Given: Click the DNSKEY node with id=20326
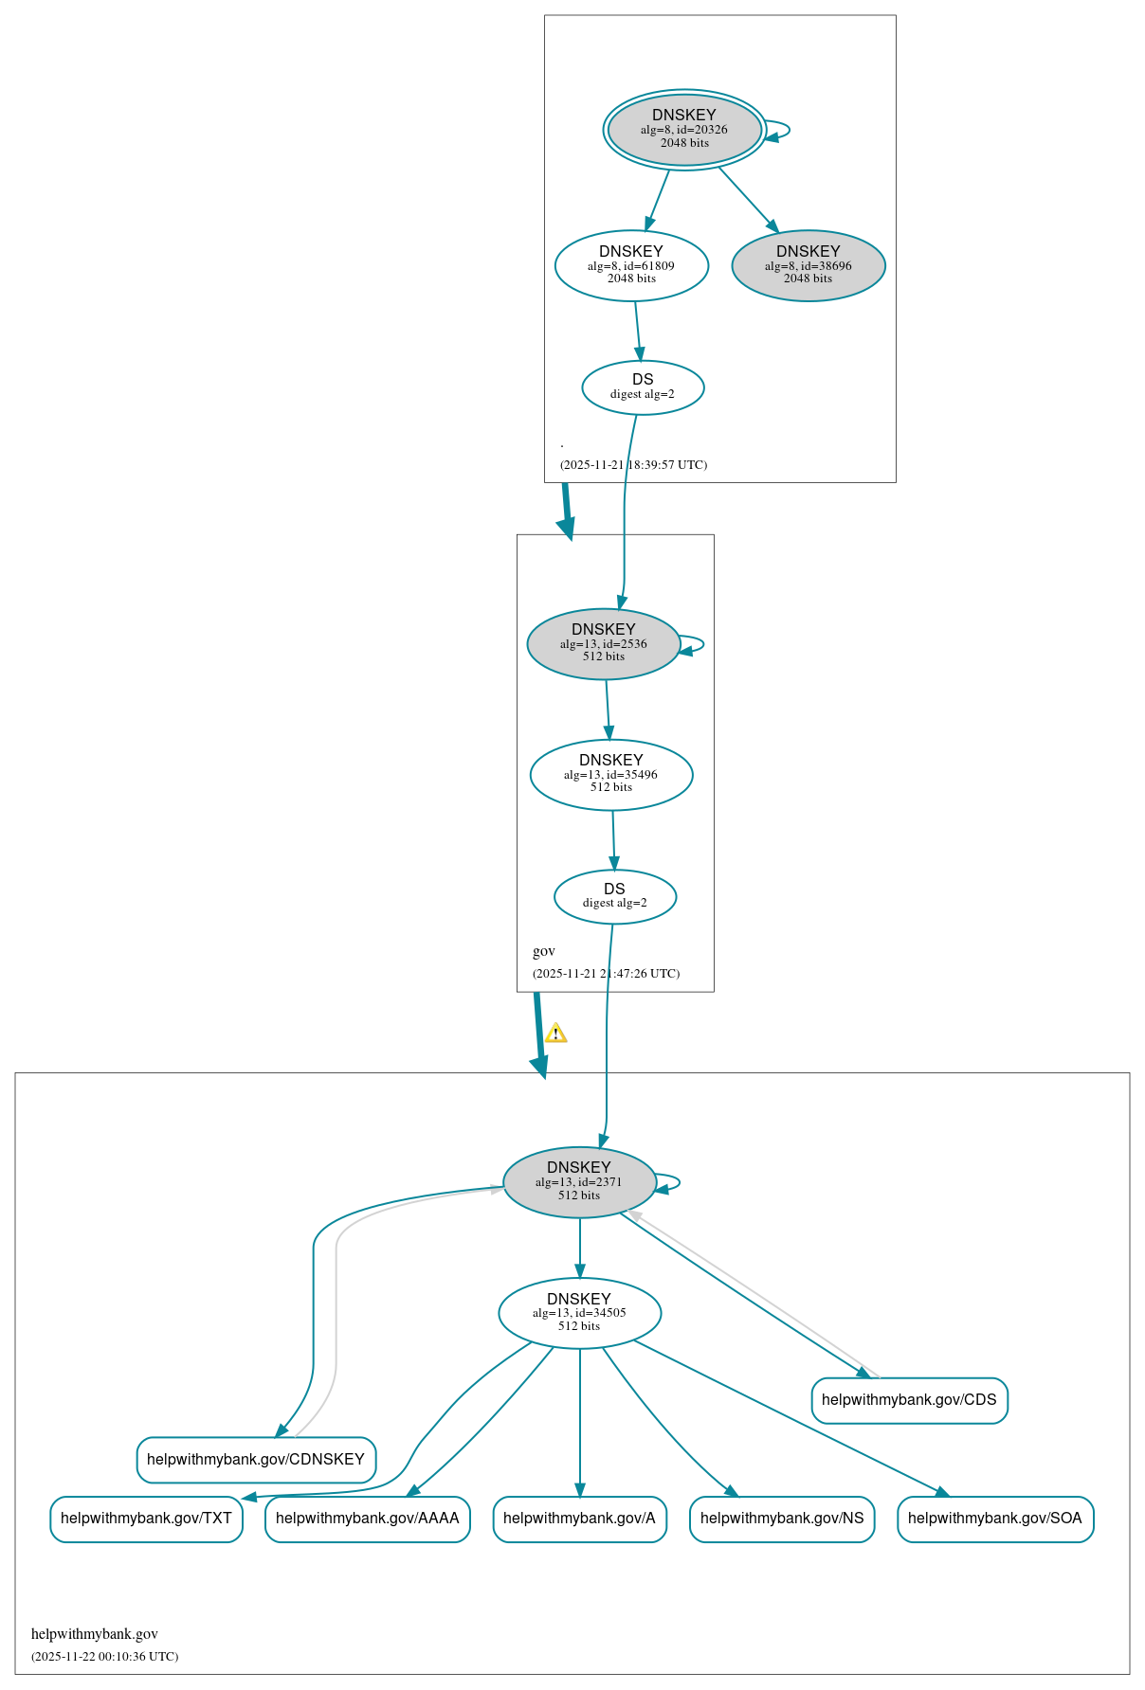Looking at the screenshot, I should pos(683,130).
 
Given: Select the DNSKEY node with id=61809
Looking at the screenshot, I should pos(631,266).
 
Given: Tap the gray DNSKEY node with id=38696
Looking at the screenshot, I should pos(808,266).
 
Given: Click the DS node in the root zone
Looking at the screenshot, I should pos(643,387).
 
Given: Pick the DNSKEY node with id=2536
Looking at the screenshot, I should pos(603,644).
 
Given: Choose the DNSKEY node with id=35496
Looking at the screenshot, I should pos(611,775).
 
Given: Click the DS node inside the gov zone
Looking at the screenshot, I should pos(614,897).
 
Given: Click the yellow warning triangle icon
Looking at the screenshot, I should pos(556,1034).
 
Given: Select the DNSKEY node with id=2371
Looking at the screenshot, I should pos(579,1183).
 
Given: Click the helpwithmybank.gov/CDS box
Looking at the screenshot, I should pos(909,1400).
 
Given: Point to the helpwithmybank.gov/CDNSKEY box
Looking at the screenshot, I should pos(256,1460).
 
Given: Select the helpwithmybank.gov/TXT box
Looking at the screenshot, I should pos(146,1519).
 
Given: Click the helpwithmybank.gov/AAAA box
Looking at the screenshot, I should pos(367,1519).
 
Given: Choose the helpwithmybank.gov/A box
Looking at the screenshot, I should pos(579,1519).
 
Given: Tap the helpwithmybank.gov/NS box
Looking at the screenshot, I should pos(781,1519).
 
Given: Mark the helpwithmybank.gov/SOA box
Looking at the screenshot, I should pos(994,1519).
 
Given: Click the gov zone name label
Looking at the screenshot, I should pos(544,951).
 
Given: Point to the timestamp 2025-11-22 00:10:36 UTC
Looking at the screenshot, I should pos(104,1657).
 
